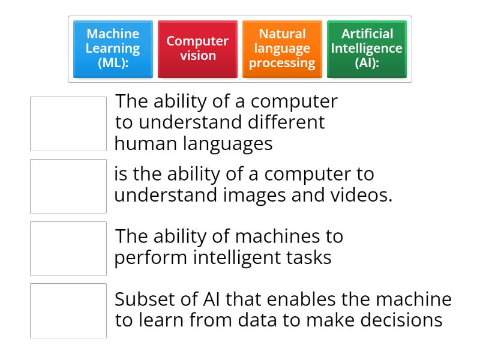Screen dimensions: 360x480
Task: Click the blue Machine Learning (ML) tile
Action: click(x=113, y=49)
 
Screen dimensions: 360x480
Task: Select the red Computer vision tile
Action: click(x=197, y=49)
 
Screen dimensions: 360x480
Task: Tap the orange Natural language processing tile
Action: click(x=282, y=49)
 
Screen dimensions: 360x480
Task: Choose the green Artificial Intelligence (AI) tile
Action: click(x=367, y=49)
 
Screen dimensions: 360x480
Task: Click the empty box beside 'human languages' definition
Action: click(x=68, y=124)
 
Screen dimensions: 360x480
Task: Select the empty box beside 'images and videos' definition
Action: click(x=68, y=186)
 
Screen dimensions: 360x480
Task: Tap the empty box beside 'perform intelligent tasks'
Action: click(x=68, y=248)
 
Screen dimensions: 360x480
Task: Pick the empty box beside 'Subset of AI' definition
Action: click(x=68, y=311)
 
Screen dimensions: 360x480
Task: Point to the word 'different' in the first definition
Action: click(x=286, y=122)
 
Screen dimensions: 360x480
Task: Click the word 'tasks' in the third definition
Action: click(x=310, y=257)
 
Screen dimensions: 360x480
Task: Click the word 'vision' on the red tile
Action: click(x=197, y=56)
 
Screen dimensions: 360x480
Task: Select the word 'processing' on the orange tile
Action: click(x=282, y=63)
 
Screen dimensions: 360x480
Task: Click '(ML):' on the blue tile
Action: click(x=113, y=63)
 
